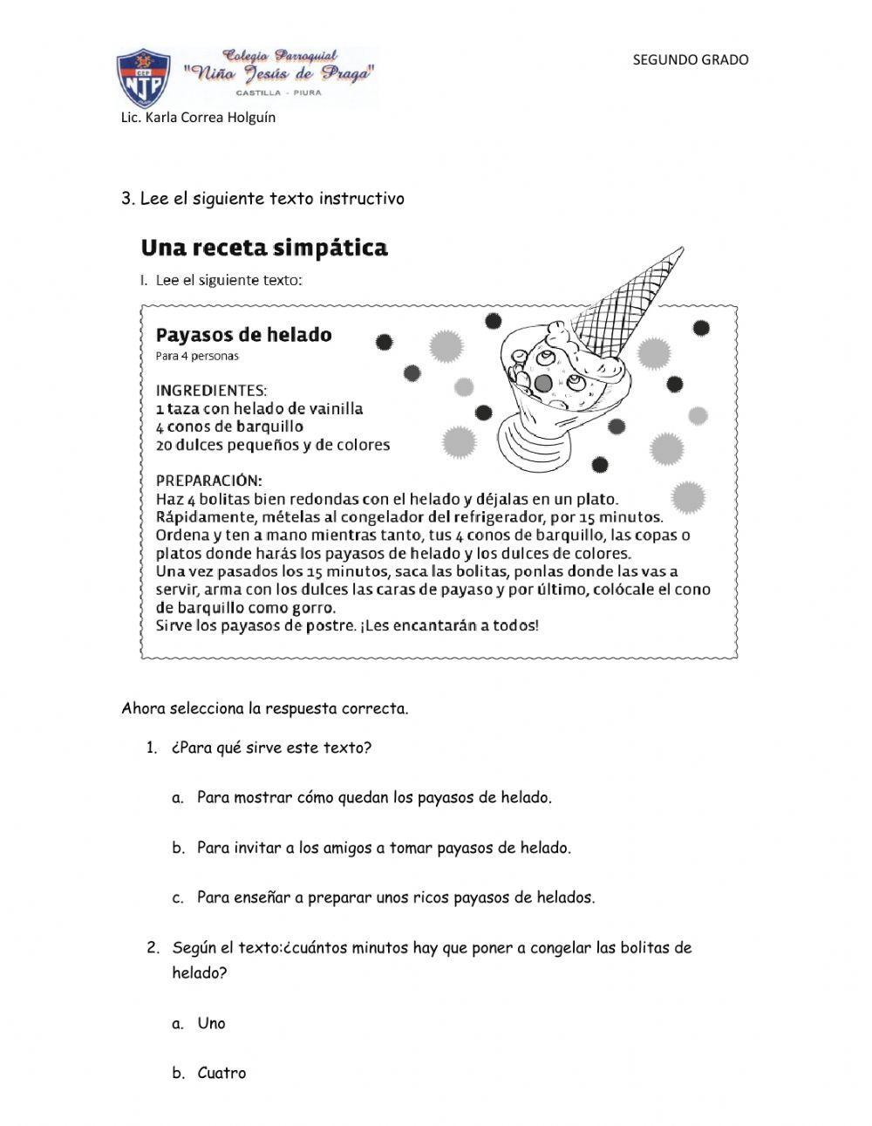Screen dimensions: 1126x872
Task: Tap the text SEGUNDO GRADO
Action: pyautogui.click(x=690, y=59)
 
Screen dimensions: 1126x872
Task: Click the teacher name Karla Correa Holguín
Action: pyautogui.click(x=198, y=117)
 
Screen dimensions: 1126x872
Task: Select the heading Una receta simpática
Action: pyautogui.click(x=264, y=249)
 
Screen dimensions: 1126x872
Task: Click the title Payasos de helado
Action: pyautogui.click(x=243, y=335)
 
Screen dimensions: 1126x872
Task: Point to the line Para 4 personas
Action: pyautogui.click(x=197, y=356)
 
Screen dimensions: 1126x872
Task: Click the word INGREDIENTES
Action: pyautogui.click(x=211, y=390)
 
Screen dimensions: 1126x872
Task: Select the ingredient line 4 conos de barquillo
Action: pyautogui.click(x=229, y=427)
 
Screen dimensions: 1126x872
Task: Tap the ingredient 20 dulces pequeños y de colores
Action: pyautogui.click(x=272, y=445)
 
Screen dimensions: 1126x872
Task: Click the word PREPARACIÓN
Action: pyautogui.click(x=208, y=481)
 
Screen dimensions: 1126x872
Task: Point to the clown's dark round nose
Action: pyautogui.click(x=543, y=383)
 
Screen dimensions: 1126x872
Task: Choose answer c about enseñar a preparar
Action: pyautogui.click(x=396, y=897)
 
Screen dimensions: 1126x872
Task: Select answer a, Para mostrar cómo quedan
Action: pyautogui.click(x=374, y=797)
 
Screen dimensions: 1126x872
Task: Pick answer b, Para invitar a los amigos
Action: pyautogui.click(x=384, y=848)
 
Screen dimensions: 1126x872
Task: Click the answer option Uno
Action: pyautogui.click(x=211, y=1023)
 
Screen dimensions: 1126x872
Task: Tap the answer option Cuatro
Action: pyautogui.click(x=221, y=1073)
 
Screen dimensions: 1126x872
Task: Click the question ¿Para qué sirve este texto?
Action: pyautogui.click(x=271, y=747)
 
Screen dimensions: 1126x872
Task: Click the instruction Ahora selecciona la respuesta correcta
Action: pyautogui.click(x=264, y=708)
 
